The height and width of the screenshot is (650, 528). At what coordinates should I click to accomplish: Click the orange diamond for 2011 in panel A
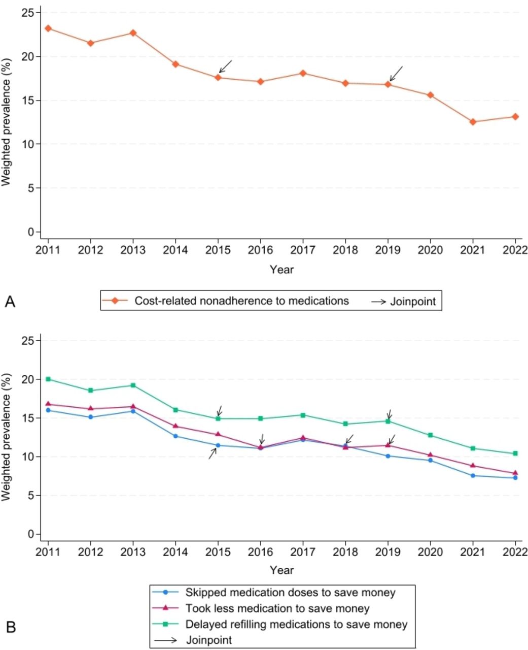coord(48,28)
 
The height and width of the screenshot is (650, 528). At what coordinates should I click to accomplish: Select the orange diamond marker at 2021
coord(473,122)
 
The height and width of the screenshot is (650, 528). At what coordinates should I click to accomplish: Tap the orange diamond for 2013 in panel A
coord(133,32)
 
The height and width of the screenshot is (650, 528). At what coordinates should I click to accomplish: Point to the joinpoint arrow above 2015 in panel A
coord(225,67)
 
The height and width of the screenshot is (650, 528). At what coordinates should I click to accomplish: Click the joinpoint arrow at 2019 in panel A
coord(396,74)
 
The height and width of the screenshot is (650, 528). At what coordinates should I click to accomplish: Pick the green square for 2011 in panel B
coord(48,379)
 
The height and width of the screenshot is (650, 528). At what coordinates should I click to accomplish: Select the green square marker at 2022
coord(515,453)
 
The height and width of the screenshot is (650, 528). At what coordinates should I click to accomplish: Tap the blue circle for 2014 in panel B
coord(175,436)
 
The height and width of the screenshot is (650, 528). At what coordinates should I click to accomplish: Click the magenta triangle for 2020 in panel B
coord(431,454)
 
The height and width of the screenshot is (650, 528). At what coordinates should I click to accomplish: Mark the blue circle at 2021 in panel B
coord(473,475)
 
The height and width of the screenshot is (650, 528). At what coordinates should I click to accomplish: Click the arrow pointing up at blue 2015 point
coord(213,453)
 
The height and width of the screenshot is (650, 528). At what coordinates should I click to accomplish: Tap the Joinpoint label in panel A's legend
coord(413,302)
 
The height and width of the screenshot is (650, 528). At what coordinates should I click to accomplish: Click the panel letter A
coord(10,302)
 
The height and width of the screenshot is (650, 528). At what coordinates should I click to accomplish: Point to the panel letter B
coord(11,628)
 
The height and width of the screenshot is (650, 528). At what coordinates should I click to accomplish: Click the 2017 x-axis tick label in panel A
coord(303,250)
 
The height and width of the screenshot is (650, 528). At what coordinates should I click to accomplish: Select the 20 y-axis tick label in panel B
coord(27,379)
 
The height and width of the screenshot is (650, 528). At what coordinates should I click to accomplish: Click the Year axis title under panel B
coord(281,570)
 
